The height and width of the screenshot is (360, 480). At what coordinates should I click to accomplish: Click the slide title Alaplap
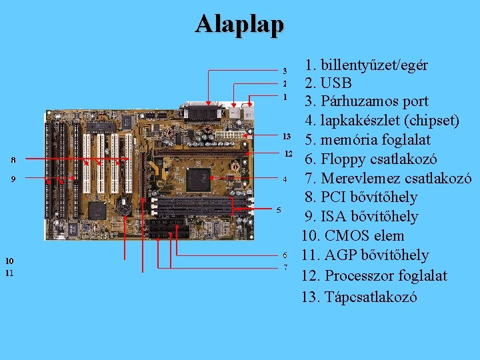[x=239, y=24]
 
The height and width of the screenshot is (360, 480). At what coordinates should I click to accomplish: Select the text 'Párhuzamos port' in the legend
[x=375, y=102]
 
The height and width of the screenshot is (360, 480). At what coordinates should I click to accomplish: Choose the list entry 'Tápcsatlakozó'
[x=371, y=297]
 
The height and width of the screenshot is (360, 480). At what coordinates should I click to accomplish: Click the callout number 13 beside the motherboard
[x=287, y=136]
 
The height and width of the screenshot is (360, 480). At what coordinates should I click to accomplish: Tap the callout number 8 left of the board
[x=13, y=159]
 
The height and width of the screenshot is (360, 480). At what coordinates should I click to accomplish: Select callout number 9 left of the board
[x=13, y=179]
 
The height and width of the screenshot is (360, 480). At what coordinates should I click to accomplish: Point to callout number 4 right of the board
[x=285, y=179]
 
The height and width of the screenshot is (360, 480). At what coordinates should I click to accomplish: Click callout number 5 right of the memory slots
[x=279, y=210]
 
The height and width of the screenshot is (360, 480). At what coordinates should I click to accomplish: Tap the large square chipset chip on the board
[x=198, y=179]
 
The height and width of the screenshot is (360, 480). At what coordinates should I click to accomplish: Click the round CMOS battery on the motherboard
[x=124, y=208]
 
